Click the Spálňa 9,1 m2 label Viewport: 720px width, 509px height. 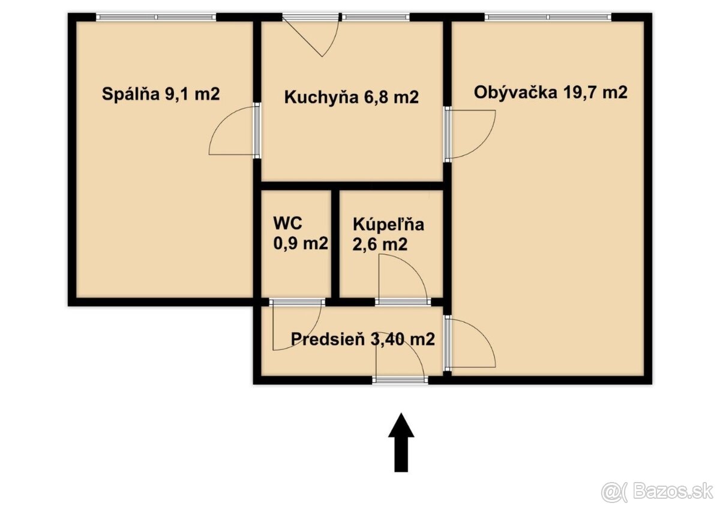pos(161,94)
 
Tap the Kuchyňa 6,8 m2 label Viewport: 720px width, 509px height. pos(351,97)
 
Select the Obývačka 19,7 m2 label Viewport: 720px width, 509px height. pos(550,92)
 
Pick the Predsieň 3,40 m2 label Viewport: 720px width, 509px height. pos(362,339)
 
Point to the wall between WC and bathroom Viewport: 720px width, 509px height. pos(336,243)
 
